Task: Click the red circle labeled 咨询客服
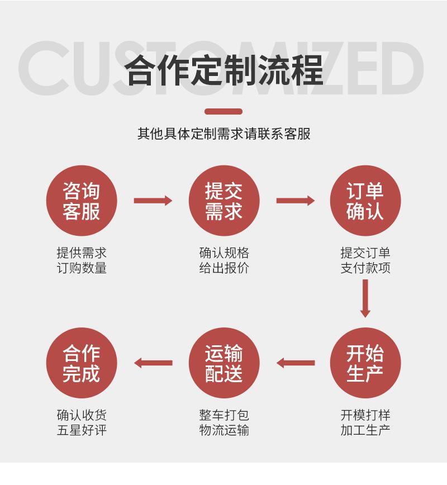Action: click(x=82, y=201)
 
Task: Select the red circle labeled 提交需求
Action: click(x=224, y=201)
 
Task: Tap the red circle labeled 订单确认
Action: click(x=365, y=201)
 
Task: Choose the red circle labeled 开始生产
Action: click(x=365, y=363)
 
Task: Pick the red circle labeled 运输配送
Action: click(x=224, y=363)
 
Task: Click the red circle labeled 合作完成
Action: click(x=82, y=363)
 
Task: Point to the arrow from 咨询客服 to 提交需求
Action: click(x=153, y=201)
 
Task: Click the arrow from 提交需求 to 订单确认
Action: click(x=296, y=201)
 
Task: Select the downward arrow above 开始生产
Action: click(x=365, y=298)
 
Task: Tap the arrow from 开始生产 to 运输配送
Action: click(x=296, y=363)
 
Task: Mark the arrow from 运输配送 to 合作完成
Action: click(x=153, y=363)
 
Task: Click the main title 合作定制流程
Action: click(x=223, y=70)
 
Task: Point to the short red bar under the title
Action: click(x=223, y=111)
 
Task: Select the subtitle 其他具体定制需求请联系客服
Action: click(x=223, y=134)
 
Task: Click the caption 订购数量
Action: click(x=82, y=268)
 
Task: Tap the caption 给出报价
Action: click(x=224, y=268)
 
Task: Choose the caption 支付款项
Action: click(x=365, y=268)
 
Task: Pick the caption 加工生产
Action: click(x=365, y=430)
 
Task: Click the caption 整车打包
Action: click(x=224, y=415)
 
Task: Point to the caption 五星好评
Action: click(x=82, y=430)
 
